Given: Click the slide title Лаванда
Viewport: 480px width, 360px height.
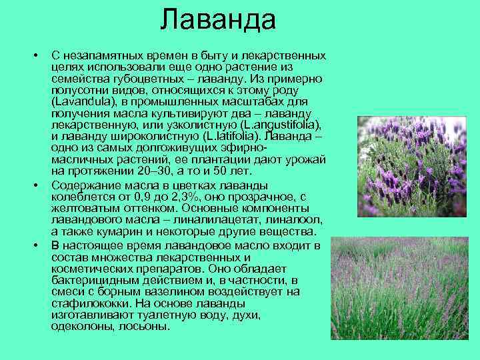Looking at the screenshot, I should pyautogui.click(x=218, y=20).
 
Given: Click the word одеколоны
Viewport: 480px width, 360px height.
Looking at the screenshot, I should pyautogui.click(x=81, y=327).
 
